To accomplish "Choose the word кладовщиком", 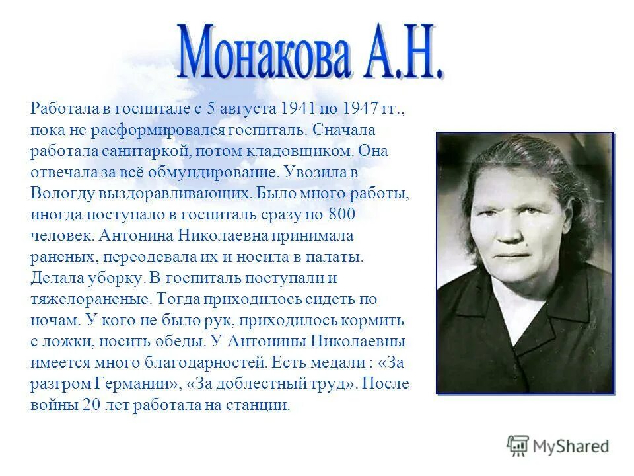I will coord(301,151).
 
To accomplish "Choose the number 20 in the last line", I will coord(91,405).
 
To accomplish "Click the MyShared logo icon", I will coord(518,445).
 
